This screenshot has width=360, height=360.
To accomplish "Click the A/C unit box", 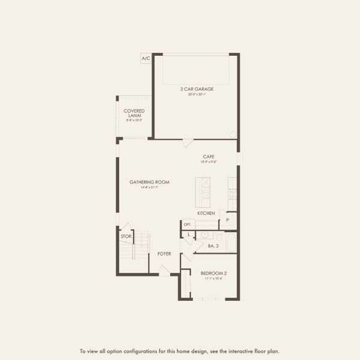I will tap(146, 58).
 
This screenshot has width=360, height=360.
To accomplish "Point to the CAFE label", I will tap(208, 157).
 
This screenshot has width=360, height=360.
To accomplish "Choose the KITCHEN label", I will tap(206, 213).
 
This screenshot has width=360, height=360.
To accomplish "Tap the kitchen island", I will tap(204, 190).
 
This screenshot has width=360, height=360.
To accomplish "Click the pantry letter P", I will tap(227, 220).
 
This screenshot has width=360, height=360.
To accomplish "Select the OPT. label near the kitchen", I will tap(187, 224).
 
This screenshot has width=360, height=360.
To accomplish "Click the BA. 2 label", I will tap(214, 246).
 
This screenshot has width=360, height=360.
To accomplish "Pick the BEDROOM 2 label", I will tap(214, 274).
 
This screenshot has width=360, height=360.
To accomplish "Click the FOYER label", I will tap(164, 254).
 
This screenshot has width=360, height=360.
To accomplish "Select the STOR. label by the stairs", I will tap(125, 236).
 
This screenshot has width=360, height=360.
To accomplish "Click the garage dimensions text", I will tap(200, 94).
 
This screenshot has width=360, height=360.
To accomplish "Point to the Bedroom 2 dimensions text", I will tap(214, 278).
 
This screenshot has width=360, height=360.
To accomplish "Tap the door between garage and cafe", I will tap(187, 143).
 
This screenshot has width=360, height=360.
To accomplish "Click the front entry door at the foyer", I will tap(163, 271).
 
